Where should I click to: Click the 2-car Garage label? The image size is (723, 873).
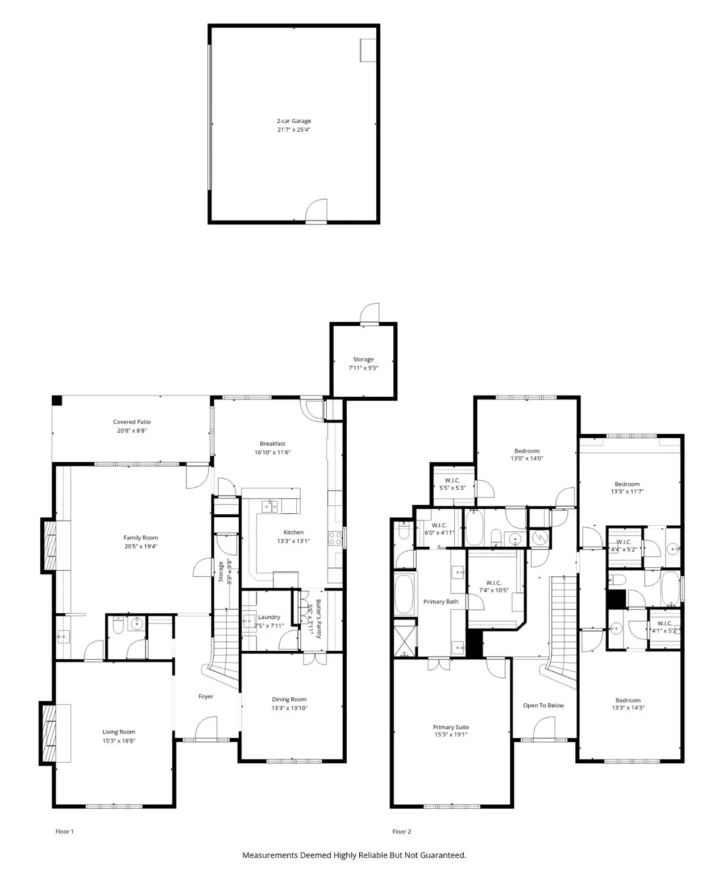coord(293,121)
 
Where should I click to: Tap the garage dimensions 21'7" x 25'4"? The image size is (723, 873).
coord(293,130)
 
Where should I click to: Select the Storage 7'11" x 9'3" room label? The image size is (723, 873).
coord(363,363)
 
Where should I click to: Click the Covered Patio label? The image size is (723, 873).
coord(132,422)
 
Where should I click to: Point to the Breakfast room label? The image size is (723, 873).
coord(272,444)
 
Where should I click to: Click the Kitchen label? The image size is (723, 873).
coord(293,533)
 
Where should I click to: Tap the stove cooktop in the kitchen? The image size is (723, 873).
coord(335,538)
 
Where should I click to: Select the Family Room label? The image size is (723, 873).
coord(141,538)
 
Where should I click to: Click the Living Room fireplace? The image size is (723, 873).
coord(49,733)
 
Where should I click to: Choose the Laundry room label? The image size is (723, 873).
coord(269,617)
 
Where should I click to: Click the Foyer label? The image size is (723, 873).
coord(206,696)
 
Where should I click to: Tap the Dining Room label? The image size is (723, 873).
coord(289,700)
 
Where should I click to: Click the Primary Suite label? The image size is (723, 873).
coord(451,727)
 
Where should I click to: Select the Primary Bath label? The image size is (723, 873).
coord(441,602)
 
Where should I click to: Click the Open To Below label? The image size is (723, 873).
coord(543,705)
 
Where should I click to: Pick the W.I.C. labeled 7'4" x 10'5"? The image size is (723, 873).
coord(493,587)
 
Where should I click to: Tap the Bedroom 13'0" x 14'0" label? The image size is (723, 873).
coord(526,454)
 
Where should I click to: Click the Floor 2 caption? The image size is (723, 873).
coord(401,832)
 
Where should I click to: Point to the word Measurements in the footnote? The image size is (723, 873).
coord(269,855)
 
